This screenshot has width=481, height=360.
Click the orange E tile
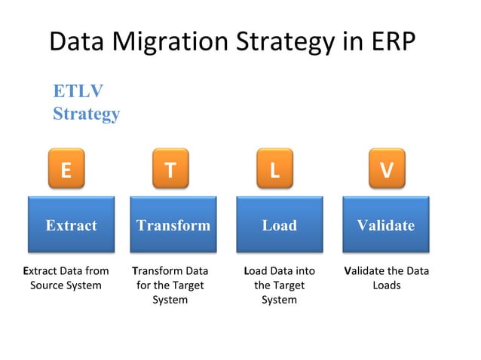pos(66,170)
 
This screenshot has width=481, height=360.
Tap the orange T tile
pos(170,170)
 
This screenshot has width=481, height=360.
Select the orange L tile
pos(274,170)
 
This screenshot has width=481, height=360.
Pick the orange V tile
pos(386,170)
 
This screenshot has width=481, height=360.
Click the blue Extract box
pos(71,224)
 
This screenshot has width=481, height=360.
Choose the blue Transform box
pos(173,224)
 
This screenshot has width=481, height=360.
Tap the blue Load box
pos(279,224)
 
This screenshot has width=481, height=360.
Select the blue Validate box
pos(386,224)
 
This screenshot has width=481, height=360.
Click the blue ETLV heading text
pos(78,91)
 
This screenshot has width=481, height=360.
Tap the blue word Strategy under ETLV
pos(86,114)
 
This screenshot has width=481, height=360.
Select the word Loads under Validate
pos(386,285)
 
